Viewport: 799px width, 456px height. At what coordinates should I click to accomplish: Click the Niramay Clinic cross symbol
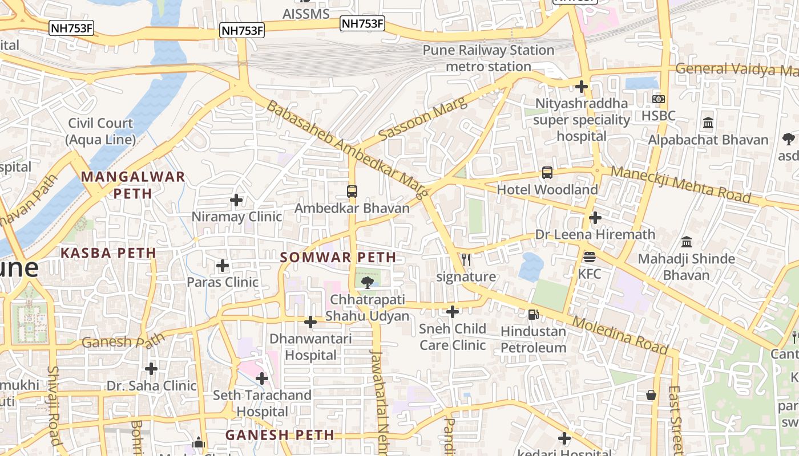[x=236, y=200]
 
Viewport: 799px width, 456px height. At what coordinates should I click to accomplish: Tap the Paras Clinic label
[x=223, y=282]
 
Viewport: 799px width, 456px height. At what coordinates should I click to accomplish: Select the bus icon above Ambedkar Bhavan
[x=352, y=192]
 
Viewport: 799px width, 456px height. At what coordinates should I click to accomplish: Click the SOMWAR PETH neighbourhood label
[x=338, y=257]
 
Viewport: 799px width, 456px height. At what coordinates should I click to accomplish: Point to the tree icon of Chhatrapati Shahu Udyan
[x=368, y=282]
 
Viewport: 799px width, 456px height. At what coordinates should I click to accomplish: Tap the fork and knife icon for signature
[x=466, y=260]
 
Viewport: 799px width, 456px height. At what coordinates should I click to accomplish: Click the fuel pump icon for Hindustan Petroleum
[x=533, y=314]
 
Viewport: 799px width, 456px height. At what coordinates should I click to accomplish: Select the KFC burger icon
[x=590, y=257]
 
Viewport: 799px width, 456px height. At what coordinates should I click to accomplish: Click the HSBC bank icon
[x=659, y=99]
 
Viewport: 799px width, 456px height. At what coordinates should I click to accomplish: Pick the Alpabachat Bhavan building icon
[x=708, y=123]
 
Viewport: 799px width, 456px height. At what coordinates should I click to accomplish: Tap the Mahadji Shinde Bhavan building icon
[x=687, y=242]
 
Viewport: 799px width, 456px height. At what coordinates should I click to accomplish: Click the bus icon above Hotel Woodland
[x=547, y=173]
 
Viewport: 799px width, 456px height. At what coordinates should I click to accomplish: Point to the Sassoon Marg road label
[x=422, y=119]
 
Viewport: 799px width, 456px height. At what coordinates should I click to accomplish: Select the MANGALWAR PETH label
[x=133, y=185]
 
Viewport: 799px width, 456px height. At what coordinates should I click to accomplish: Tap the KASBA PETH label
[x=108, y=253]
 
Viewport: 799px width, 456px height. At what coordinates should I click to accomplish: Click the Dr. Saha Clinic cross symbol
[x=151, y=368]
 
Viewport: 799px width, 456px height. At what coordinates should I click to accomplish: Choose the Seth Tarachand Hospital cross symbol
[x=262, y=378]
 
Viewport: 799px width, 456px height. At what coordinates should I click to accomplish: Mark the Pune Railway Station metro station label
[x=489, y=58]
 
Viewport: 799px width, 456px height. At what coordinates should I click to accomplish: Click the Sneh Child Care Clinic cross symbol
[x=453, y=312]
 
